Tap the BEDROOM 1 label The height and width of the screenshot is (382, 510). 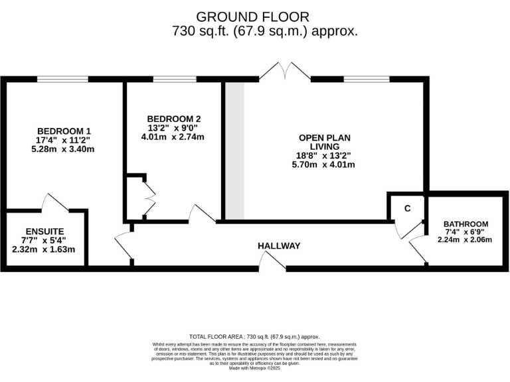tap(64, 130)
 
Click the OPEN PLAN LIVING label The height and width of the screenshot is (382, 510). tap(325, 142)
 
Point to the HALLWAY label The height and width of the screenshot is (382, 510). tap(279, 246)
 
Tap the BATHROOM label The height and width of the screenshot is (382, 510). tap(466, 224)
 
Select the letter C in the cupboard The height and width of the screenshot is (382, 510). tap(408, 208)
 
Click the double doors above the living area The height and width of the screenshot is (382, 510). tap(285, 71)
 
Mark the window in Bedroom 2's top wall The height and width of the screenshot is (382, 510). tap(174, 80)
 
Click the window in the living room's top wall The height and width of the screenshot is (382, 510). tap(367, 80)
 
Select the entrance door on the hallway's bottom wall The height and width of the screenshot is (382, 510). tap(272, 262)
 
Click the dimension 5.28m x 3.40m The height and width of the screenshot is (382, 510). tap(64, 149)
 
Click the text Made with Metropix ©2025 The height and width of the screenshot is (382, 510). tap(255, 368)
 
